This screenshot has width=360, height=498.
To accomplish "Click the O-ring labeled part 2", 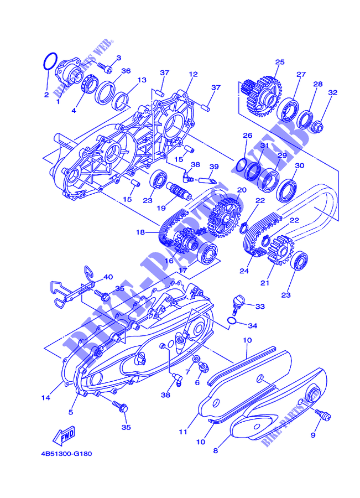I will point(49,61).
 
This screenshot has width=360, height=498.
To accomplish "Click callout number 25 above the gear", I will point(279,62).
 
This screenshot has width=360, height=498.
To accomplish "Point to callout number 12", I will point(193,74).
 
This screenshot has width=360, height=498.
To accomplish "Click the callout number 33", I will point(260,305).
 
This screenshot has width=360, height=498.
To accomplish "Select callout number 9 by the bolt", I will point(313,435).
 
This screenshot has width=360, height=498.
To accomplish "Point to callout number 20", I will point(241,190).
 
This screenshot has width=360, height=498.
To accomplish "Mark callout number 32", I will point(332,93).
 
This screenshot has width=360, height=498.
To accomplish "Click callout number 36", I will point(126,71).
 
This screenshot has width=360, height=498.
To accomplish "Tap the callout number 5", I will point(71,412).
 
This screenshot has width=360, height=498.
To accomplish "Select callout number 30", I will point(299,165).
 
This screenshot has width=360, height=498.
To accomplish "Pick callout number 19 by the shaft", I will point(161,208).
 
